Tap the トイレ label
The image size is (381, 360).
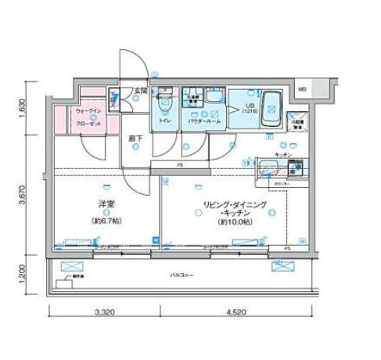[x=165, y=122]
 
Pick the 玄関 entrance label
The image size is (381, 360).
[x=140, y=90]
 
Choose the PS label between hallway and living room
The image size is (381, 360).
[x=179, y=165]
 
